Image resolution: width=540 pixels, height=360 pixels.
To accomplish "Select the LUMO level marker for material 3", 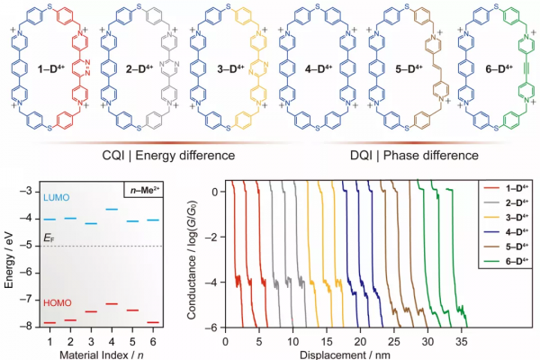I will pyautogui.click(x=90, y=223).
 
